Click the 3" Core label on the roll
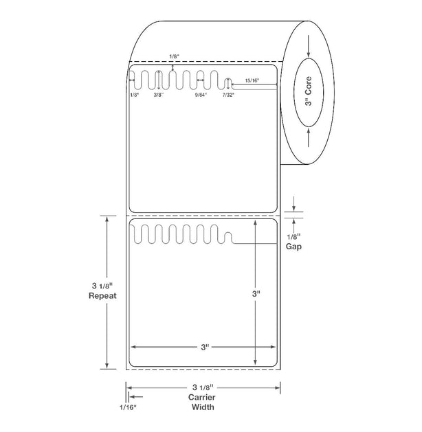coord(309,91)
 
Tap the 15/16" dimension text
coord(252,80)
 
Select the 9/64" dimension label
coord(201,95)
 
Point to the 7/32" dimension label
coord(228,95)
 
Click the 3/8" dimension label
coord(159,95)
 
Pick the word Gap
coord(293,247)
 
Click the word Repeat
coord(102,296)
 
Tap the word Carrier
coord(202,397)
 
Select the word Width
coord(203,407)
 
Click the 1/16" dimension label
coord(128,407)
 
